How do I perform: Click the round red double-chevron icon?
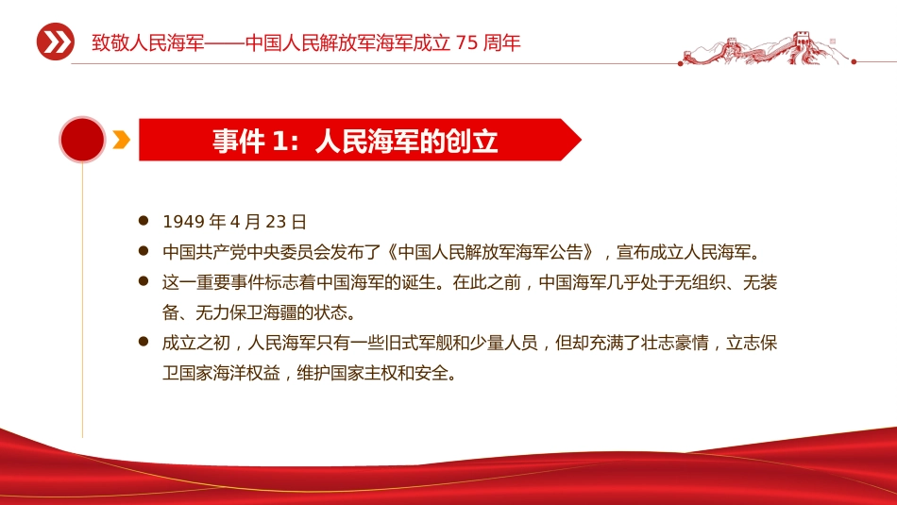(56, 42)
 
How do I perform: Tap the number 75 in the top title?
(466, 42)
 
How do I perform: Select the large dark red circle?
(82, 140)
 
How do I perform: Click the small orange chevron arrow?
(121, 140)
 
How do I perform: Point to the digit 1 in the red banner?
(279, 141)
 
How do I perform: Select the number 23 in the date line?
(276, 222)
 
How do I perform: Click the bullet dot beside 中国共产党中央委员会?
(144, 250)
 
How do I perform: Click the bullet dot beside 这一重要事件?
(144, 280)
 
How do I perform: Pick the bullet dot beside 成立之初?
(144, 342)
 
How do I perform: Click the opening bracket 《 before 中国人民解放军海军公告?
(392, 252)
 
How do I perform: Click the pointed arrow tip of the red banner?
(582, 140)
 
